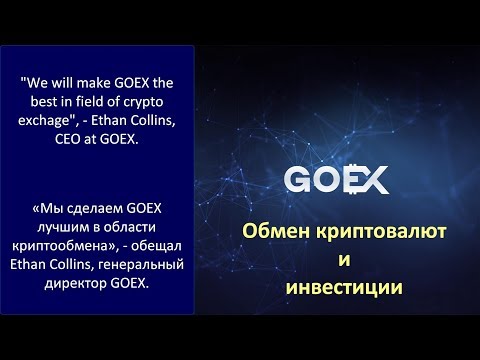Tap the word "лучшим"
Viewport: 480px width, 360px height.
click(57, 225)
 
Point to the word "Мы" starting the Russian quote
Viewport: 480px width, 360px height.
click(50, 209)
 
